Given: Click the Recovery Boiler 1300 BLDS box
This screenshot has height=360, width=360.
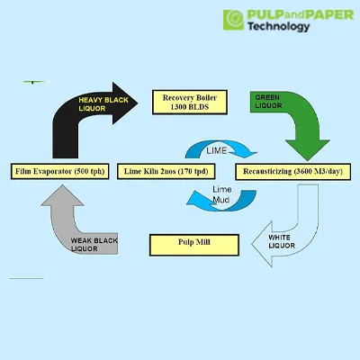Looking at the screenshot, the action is click(x=190, y=103).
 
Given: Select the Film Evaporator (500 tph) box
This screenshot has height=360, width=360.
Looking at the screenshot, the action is click(x=60, y=171).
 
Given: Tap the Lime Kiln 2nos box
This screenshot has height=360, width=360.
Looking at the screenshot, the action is click(x=166, y=171).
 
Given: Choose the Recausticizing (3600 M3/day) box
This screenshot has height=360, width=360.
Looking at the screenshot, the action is click(x=292, y=172).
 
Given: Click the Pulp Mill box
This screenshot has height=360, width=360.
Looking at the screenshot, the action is click(x=194, y=245).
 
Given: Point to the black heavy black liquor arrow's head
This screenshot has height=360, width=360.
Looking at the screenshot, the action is click(x=124, y=103).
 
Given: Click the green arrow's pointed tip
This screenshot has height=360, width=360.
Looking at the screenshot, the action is click(x=307, y=160).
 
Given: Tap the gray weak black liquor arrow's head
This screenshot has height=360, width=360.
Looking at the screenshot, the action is click(x=62, y=195).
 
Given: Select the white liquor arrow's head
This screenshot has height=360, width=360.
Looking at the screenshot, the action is click(x=262, y=244).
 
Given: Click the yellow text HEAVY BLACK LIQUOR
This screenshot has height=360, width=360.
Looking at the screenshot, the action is click(x=103, y=104).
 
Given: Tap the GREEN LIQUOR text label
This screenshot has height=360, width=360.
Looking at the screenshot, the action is click(x=268, y=102).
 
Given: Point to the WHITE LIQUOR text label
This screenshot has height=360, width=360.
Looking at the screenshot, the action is click(x=282, y=241).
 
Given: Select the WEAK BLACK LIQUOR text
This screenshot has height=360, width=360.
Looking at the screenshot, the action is click(x=94, y=245).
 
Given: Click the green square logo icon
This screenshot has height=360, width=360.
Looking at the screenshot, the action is click(x=233, y=20).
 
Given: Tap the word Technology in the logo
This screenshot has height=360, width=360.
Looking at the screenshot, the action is click(x=278, y=26).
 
